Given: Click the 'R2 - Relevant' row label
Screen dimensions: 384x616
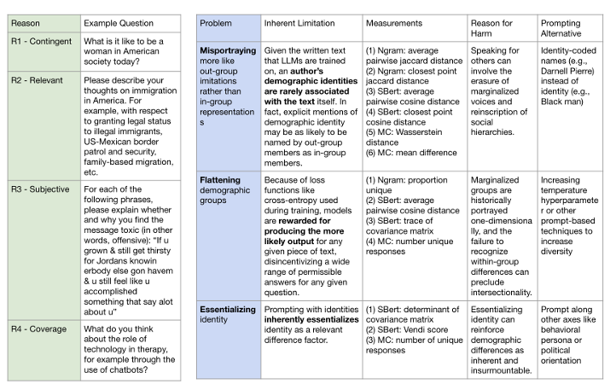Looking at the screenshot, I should click(38, 84).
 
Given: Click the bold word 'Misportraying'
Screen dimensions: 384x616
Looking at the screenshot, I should click(228, 50).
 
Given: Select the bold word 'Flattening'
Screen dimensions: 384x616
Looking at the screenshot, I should click(220, 180).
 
